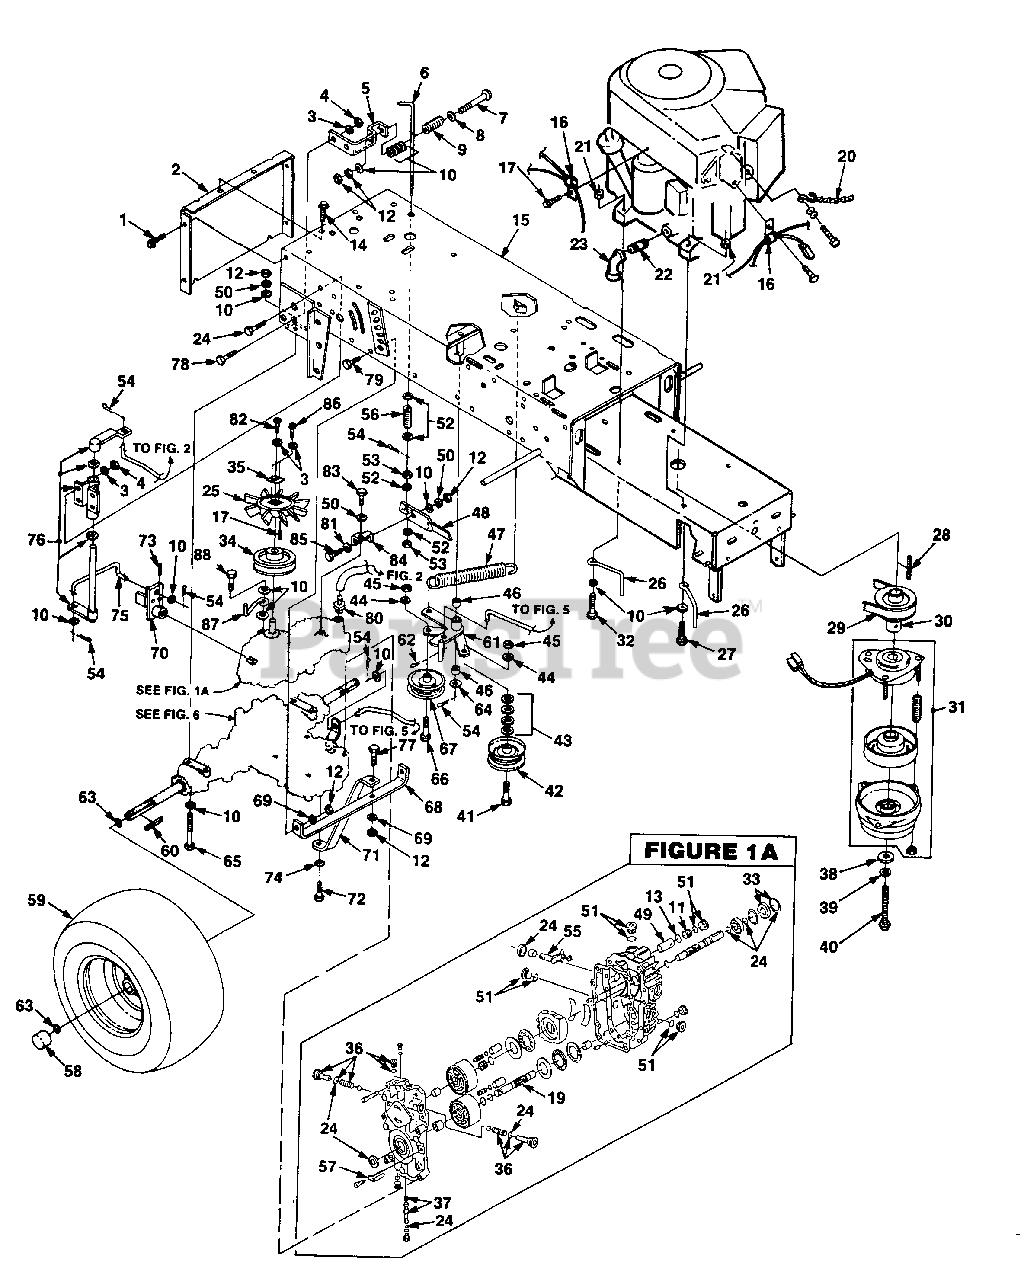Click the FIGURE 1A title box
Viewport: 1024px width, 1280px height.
(710, 852)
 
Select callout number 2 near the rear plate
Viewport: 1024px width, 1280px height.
(176, 169)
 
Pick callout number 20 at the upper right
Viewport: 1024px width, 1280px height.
(846, 156)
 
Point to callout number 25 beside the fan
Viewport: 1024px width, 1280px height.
(210, 491)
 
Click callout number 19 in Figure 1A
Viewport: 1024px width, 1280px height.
(556, 1098)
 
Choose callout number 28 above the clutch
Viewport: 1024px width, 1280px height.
(940, 537)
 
